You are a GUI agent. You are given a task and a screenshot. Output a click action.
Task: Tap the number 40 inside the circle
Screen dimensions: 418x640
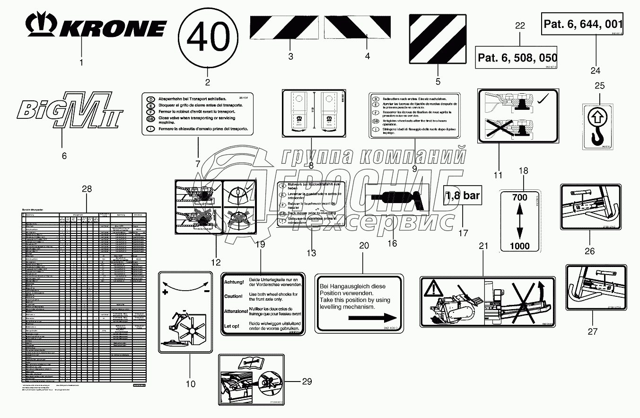click(x=208, y=37)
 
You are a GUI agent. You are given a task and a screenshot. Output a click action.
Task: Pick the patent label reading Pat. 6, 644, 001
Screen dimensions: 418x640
click(x=582, y=24)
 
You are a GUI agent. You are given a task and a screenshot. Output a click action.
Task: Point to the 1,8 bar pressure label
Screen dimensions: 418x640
click(x=463, y=195)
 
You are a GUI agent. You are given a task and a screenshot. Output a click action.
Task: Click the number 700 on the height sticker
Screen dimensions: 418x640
click(x=519, y=198)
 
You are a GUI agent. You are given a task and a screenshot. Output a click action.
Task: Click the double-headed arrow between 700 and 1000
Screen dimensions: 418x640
click(x=519, y=222)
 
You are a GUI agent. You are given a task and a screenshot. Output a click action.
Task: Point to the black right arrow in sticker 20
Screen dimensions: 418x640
click(x=373, y=319)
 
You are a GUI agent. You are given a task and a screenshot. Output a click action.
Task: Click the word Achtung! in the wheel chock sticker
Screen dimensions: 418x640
click(x=234, y=282)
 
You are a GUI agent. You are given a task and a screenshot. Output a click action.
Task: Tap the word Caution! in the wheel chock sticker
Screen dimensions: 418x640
click(x=234, y=296)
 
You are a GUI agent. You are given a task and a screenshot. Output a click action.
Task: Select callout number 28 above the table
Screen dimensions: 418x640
click(x=87, y=189)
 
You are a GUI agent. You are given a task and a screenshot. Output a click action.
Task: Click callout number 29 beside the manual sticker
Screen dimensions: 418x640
click(x=307, y=381)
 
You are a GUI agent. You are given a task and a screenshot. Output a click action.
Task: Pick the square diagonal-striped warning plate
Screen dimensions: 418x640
click(x=438, y=38)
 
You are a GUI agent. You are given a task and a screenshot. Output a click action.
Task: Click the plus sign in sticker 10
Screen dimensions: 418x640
click(x=165, y=293)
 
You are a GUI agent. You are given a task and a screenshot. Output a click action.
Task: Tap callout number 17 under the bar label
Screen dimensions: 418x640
click(x=463, y=233)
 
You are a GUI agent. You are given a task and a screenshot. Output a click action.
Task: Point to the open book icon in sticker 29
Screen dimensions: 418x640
click(x=251, y=364)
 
